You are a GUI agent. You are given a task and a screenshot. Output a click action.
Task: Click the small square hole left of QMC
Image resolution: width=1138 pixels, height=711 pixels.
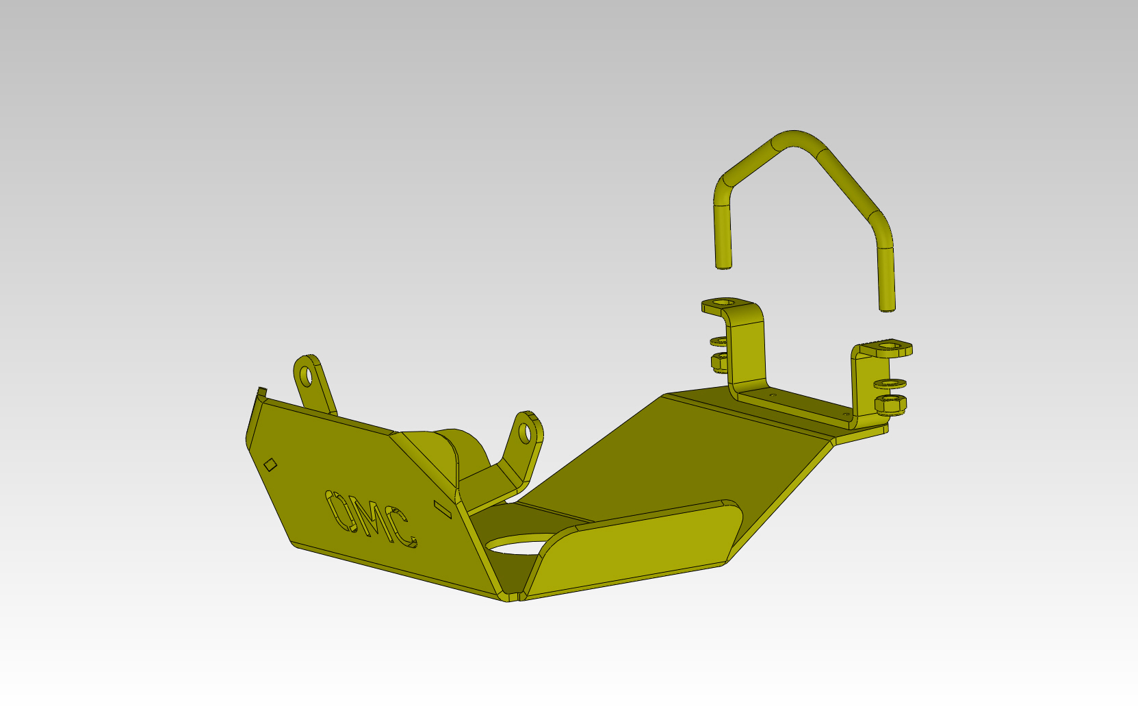pos(270,464)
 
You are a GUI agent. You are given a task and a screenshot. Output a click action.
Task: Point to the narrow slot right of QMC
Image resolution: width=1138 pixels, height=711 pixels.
pos(443,510)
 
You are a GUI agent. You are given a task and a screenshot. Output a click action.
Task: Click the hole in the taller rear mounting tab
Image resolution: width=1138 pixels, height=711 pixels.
pos(307,376)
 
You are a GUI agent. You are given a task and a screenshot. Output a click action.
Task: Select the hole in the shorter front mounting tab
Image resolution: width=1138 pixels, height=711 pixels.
pos(526,433)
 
